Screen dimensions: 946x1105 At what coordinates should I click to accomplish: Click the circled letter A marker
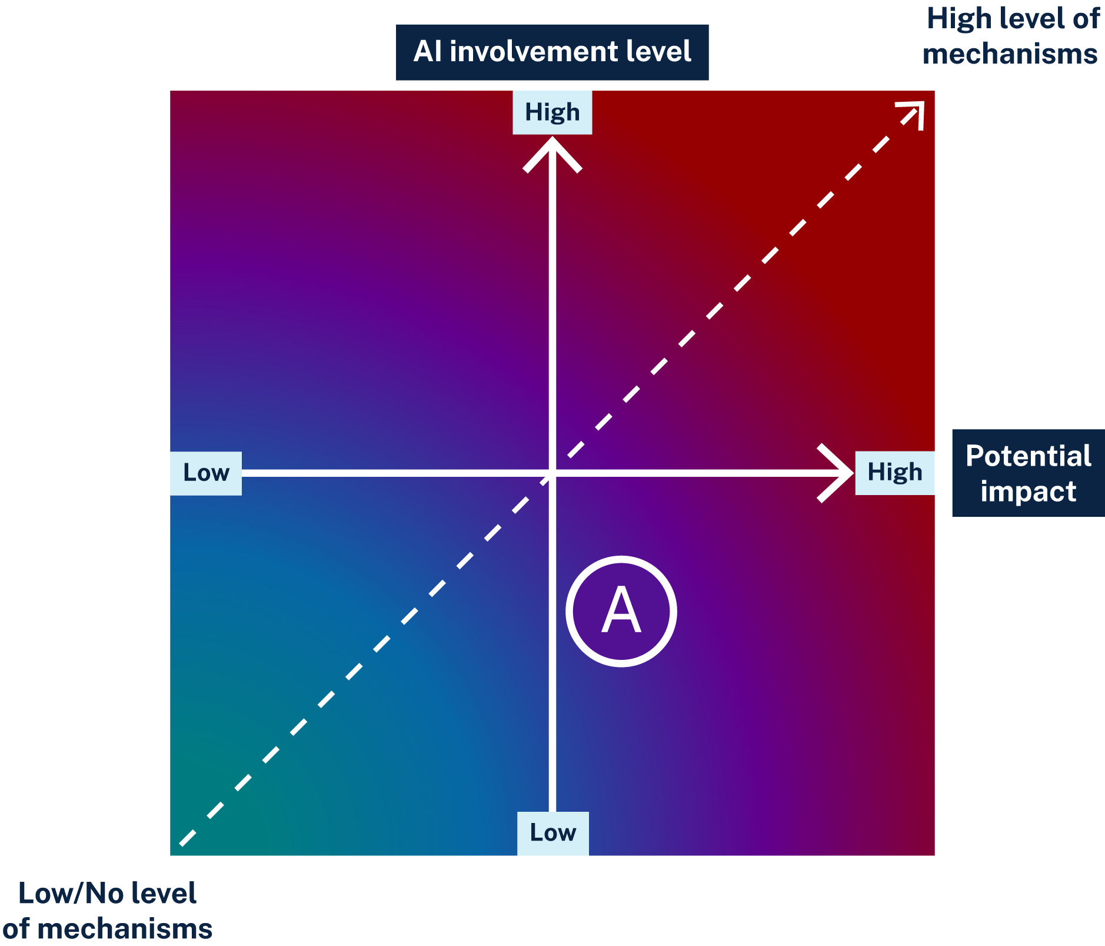(621, 611)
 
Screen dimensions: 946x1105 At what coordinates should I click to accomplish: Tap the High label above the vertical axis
(552, 112)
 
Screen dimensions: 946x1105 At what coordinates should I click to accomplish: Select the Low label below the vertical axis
(552, 832)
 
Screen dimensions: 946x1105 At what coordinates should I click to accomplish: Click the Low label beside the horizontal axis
(205, 473)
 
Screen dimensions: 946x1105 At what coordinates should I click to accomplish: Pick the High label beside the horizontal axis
(894, 473)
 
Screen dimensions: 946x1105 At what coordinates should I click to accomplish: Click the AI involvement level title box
(552, 52)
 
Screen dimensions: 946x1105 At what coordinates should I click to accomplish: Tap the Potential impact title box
(1028, 473)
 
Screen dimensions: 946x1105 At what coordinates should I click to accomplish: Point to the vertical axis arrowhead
(552, 147)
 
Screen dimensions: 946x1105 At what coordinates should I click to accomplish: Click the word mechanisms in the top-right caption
(1010, 54)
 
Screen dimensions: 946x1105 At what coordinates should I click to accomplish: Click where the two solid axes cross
(552, 473)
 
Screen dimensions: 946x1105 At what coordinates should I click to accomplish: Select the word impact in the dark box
(1028, 491)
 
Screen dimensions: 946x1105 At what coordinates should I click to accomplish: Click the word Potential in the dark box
(1028, 456)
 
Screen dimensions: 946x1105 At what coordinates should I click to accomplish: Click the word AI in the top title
(428, 52)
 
